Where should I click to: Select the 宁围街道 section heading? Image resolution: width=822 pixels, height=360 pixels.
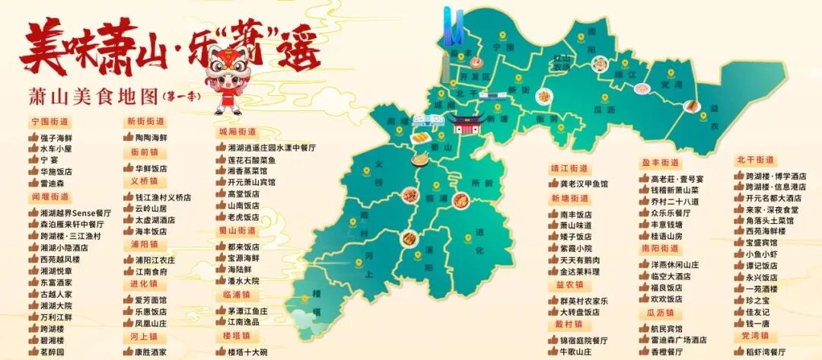click(x=49, y=122)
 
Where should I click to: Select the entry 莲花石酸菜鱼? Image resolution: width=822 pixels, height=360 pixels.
click(x=251, y=161)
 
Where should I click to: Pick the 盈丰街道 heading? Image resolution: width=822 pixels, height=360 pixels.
click(x=660, y=163)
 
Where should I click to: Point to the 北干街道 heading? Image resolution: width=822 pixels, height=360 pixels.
click(x=755, y=160)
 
